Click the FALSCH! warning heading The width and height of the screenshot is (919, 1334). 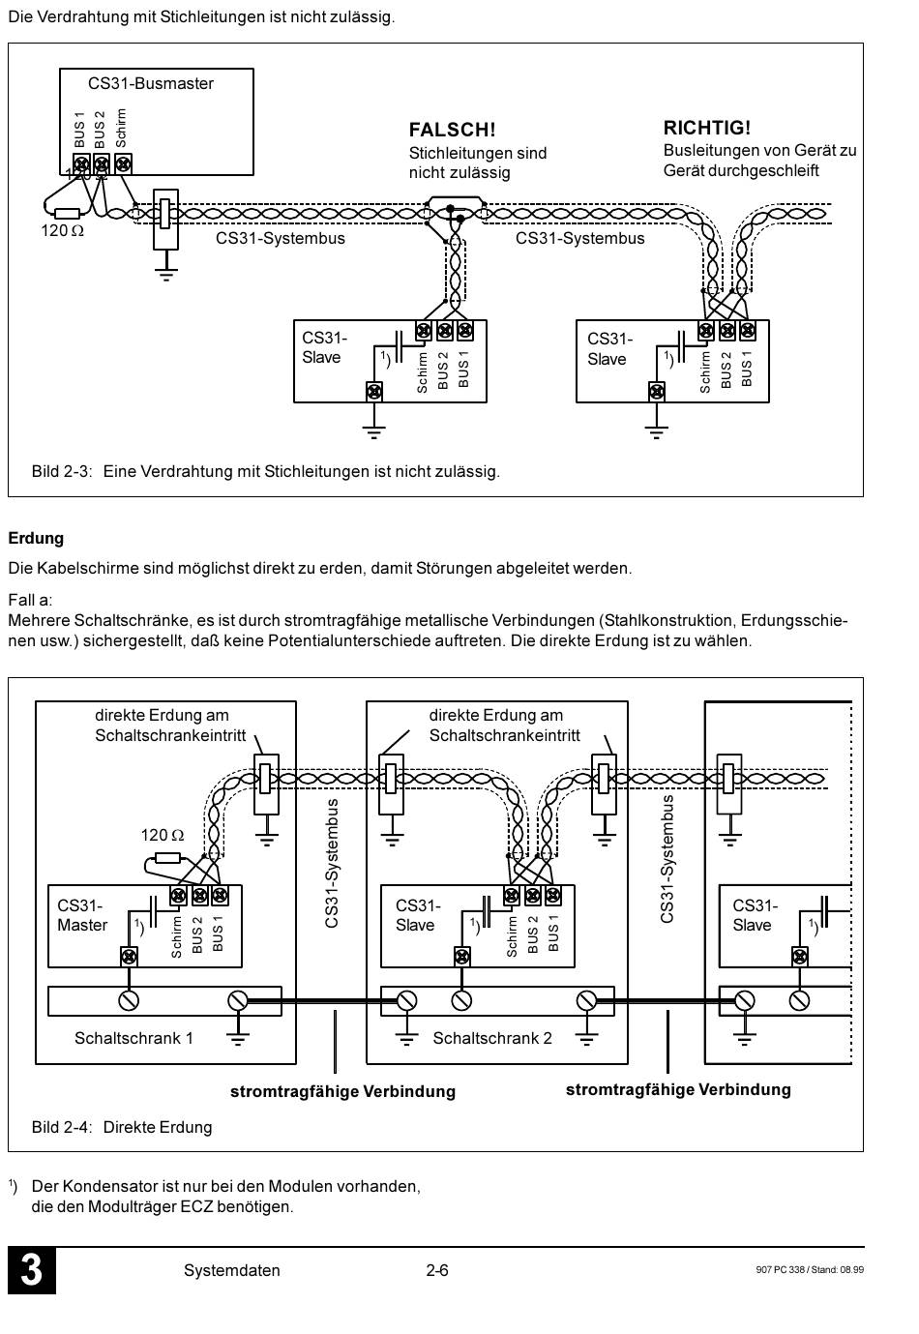click(x=452, y=130)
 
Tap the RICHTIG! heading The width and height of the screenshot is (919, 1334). click(x=706, y=128)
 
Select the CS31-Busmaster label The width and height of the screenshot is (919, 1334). click(x=151, y=83)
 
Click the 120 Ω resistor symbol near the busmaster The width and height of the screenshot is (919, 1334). click(x=67, y=213)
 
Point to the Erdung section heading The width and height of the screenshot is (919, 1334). click(x=36, y=539)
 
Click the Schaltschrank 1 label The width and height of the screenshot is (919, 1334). click(x=133, y=1038)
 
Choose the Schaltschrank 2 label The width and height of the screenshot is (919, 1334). click(x=492, y=1038)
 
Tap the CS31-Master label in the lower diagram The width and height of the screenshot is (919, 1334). click(x=82, y=915)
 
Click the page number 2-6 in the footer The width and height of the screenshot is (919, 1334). click(x=436, y=1270)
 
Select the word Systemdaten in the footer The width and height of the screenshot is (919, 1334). click(x=232, y=1270)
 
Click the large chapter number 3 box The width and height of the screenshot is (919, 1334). click(x=32, y=1270)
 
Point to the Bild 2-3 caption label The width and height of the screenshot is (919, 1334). click(x=62, y=472)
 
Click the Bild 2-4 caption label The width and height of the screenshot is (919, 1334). click(x=62, y=1127)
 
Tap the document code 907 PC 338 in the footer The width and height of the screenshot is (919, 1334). click(x=781, y=1270)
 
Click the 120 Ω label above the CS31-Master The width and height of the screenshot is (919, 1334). click(x=162, y=835)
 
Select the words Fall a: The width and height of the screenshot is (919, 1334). click(x=30, y=600)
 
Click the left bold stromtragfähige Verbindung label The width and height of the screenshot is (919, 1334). click(x=342, y=1091)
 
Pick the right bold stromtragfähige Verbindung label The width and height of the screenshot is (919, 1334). click(x=678, y=1090)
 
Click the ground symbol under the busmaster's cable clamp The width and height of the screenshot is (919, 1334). click(x=165, y=272)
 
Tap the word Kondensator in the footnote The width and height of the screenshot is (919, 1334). click(x=121, y=1186)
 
